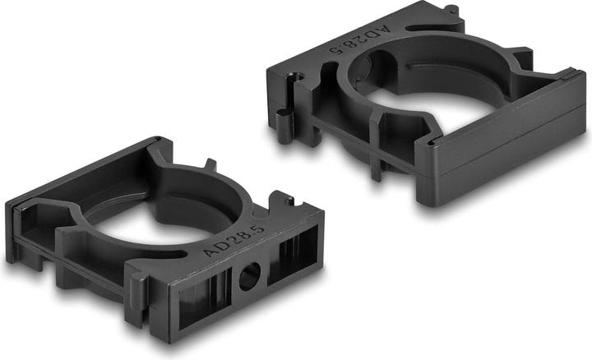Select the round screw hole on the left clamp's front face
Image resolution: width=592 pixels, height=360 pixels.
[x=247, y=277]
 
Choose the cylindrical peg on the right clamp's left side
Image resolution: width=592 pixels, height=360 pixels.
[x=284, y=127]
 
